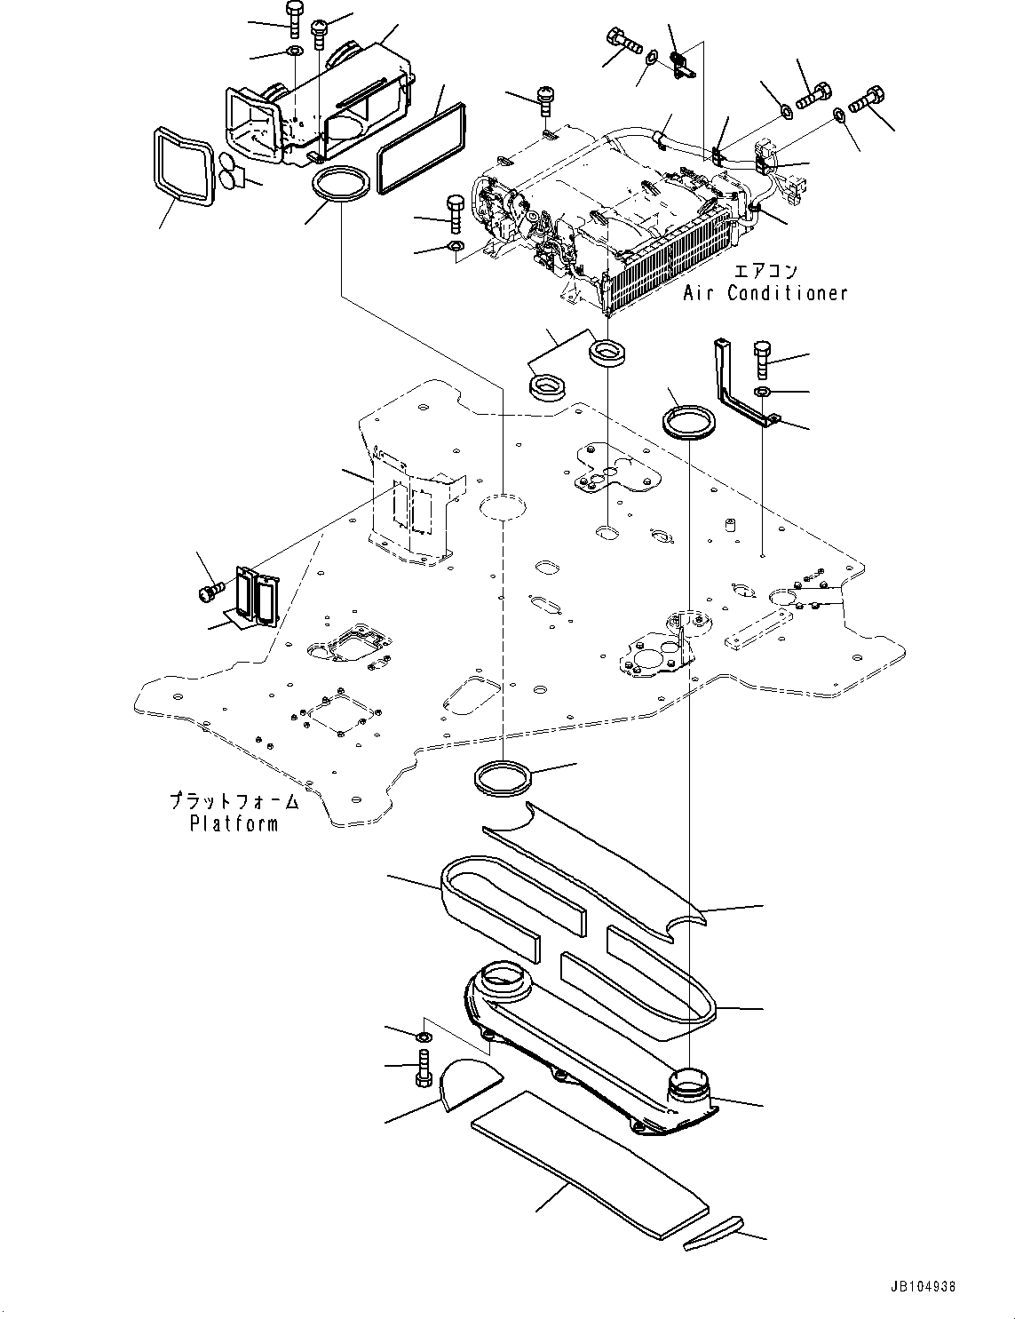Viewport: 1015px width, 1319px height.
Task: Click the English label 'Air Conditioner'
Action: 765,292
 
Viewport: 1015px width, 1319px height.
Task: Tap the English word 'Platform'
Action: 234,823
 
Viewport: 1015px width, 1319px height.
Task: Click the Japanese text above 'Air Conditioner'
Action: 765,271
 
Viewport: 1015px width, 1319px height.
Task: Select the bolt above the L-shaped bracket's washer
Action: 763,359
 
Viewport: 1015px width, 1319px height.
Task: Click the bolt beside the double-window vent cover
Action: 210,592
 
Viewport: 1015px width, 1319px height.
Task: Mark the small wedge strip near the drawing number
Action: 713,1235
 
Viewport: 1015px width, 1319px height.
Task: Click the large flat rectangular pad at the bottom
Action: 591,1164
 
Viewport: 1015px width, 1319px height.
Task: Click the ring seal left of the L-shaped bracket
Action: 689,420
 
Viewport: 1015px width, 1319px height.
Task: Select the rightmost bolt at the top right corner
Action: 869,99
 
